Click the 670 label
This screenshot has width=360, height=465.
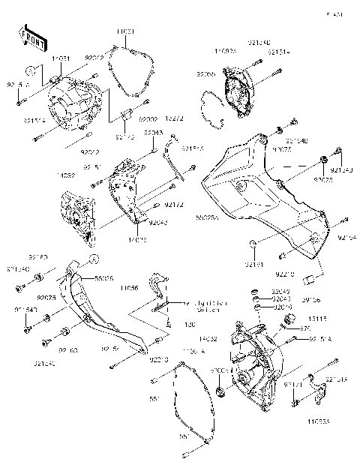[306, 328]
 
